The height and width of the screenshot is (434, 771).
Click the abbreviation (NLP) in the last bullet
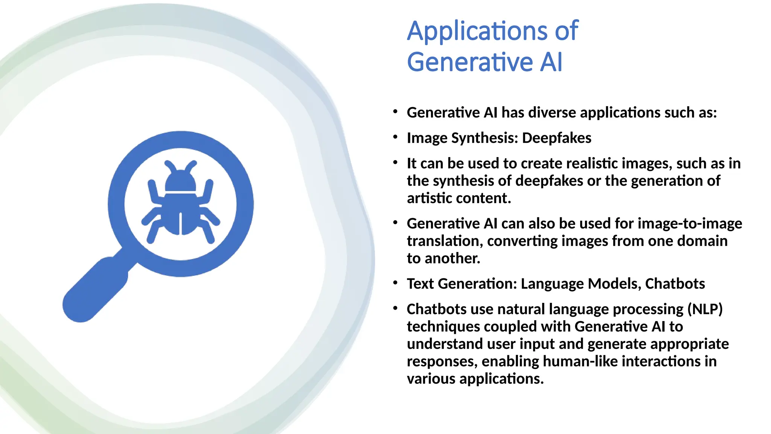(705, 309)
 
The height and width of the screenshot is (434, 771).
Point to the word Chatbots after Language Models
(675, 284)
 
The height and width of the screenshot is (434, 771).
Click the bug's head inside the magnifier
(181, 180)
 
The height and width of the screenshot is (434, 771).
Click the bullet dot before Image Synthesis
(395, 137)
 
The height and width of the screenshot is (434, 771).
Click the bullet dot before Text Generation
(395, 283)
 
